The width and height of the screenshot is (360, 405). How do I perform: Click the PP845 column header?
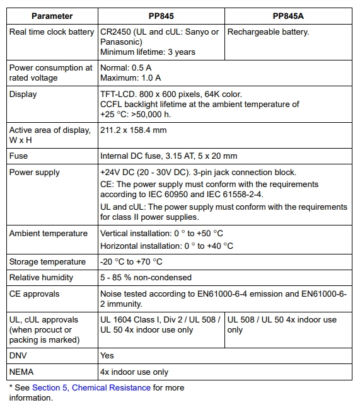[x=161, y=16]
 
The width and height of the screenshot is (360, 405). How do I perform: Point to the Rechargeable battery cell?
[x=268, y=32]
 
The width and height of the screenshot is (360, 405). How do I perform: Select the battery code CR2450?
[x=117, y=32]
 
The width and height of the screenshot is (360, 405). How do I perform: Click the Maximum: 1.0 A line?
[x=131, y=78]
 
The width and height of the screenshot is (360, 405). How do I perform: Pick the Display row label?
[x=23, y=94]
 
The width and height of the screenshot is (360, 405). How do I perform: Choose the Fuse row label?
[x=19, y=156]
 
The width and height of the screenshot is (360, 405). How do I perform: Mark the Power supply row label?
[x=35, y=172]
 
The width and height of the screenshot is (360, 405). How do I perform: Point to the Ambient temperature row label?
[x=49, y=234]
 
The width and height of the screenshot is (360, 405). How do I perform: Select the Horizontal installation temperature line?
[x=166, y=246]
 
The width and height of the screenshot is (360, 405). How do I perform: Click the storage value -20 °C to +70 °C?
[x=131, y=262]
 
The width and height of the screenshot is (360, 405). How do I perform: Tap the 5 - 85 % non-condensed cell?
[x=146, y=278]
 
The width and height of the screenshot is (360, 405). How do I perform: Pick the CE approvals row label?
[x=34, y=294]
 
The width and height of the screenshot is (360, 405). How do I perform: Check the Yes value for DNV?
[x=107, y=356]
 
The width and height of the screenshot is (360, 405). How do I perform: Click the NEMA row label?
[x=21, y=372]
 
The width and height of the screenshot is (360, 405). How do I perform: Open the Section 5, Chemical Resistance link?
[x=91, y=388]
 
